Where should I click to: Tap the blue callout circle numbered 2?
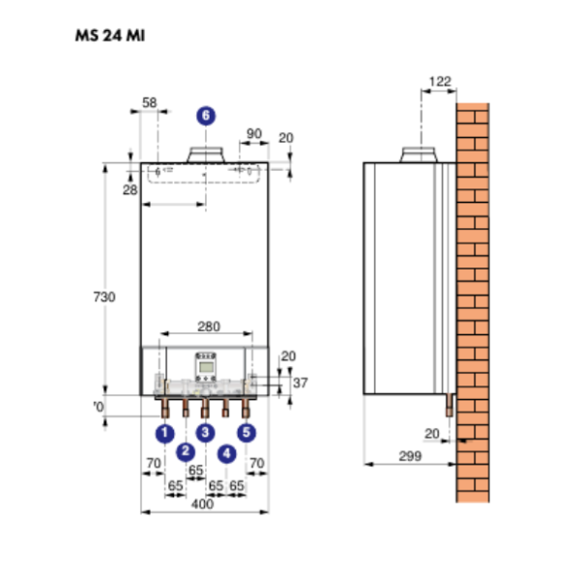coord(186,451)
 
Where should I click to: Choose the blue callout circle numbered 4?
coord(226,451)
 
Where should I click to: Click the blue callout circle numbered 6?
coord(205,115)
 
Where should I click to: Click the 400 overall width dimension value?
coord(202,503)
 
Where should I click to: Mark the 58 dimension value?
coord(150,101)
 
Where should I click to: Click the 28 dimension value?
coord(131,191)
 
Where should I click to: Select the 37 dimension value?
coord(300,383)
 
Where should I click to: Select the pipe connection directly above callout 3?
coord(205,404)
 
